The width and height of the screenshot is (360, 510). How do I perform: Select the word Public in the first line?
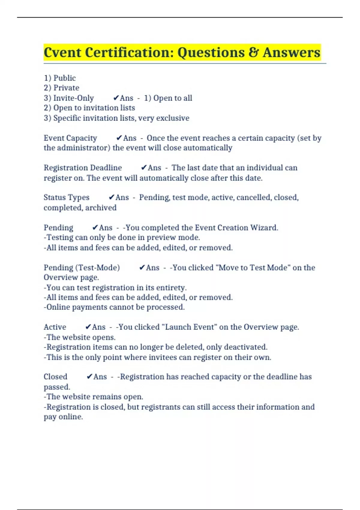coord(64,78)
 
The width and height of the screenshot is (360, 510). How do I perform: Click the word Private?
coord(66,88)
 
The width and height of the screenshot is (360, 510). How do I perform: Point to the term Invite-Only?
coord(73,98)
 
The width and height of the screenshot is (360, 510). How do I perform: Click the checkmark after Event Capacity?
coord(119,138)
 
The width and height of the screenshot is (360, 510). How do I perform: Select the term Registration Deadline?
coord(83,168)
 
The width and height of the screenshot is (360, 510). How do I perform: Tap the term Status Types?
coord(67,197)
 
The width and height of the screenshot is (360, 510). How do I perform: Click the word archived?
coord(101,208)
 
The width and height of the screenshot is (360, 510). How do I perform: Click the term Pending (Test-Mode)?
coord(82,268)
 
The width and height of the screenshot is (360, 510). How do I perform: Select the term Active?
coord(55,327)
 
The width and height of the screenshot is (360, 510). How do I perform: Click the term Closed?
coord(55,377)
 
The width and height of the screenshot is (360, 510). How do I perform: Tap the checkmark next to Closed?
coord(89,377)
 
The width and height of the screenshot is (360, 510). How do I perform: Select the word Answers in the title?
coord(292,52)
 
